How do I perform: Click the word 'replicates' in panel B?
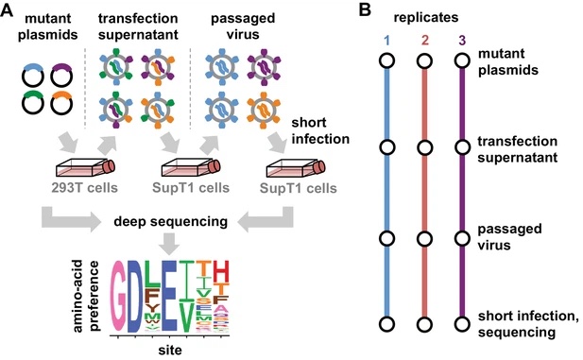[x=423, y=17]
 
